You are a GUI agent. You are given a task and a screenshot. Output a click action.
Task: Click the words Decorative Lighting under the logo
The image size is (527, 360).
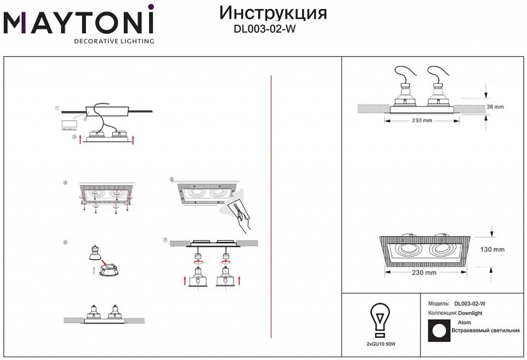[x=113, y=41]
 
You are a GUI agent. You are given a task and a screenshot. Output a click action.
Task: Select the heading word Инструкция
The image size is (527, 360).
[x=272, y=13]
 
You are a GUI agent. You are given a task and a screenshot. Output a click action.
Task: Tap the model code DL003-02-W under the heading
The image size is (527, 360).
[x=264, y=30]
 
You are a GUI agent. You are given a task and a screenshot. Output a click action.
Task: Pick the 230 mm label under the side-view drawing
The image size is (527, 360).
[x=421, y=121]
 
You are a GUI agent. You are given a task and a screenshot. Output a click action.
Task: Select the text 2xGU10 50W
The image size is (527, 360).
[x=380, y=344]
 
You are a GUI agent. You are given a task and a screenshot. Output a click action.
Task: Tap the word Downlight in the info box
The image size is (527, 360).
[x=470, y=313]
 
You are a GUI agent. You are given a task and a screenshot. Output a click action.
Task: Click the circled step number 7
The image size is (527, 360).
[x=165, y=240]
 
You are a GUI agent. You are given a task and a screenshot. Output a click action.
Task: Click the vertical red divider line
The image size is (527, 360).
[x=270, y=206]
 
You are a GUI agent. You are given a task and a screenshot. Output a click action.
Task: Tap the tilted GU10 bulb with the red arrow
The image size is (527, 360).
[x=95, y=252]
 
